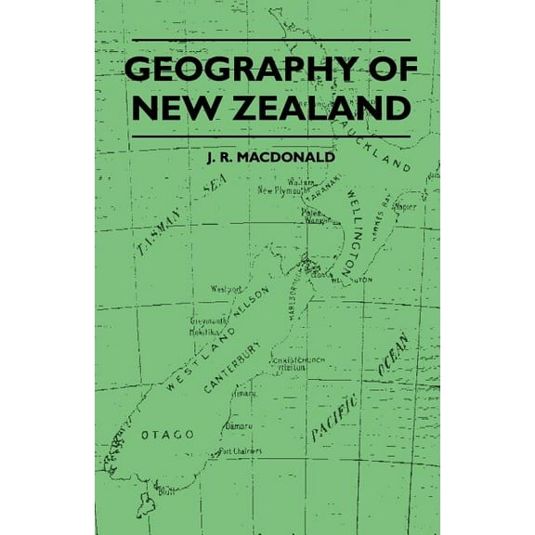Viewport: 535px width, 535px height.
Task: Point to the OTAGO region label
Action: coord(167,434)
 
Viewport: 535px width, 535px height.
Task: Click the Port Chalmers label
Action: coord(238,451)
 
